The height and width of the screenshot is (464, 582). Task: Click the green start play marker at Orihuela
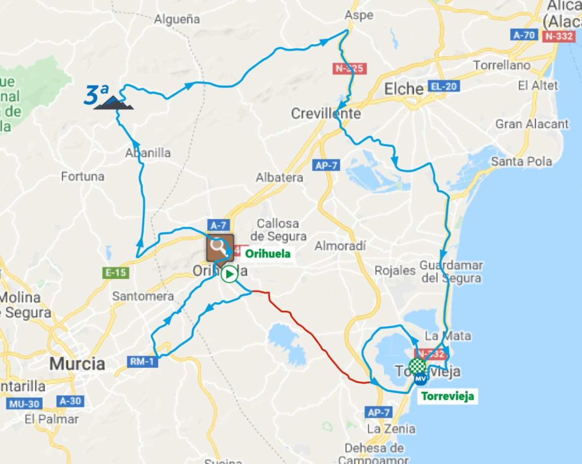229,274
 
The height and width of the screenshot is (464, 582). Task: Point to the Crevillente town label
326,114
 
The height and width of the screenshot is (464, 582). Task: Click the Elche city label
404,89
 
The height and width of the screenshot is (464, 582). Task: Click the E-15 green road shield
116,273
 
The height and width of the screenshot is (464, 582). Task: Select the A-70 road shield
523,35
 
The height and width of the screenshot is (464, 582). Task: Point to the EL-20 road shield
444,87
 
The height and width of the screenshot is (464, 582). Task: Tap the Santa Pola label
521,162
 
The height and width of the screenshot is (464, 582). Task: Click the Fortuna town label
83,177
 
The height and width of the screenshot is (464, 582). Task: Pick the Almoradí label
340,246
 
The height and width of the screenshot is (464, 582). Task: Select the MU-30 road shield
24,404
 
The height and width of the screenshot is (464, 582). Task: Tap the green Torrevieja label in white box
447,396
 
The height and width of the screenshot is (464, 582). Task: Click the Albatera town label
279,178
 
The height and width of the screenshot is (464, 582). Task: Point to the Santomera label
135,296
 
